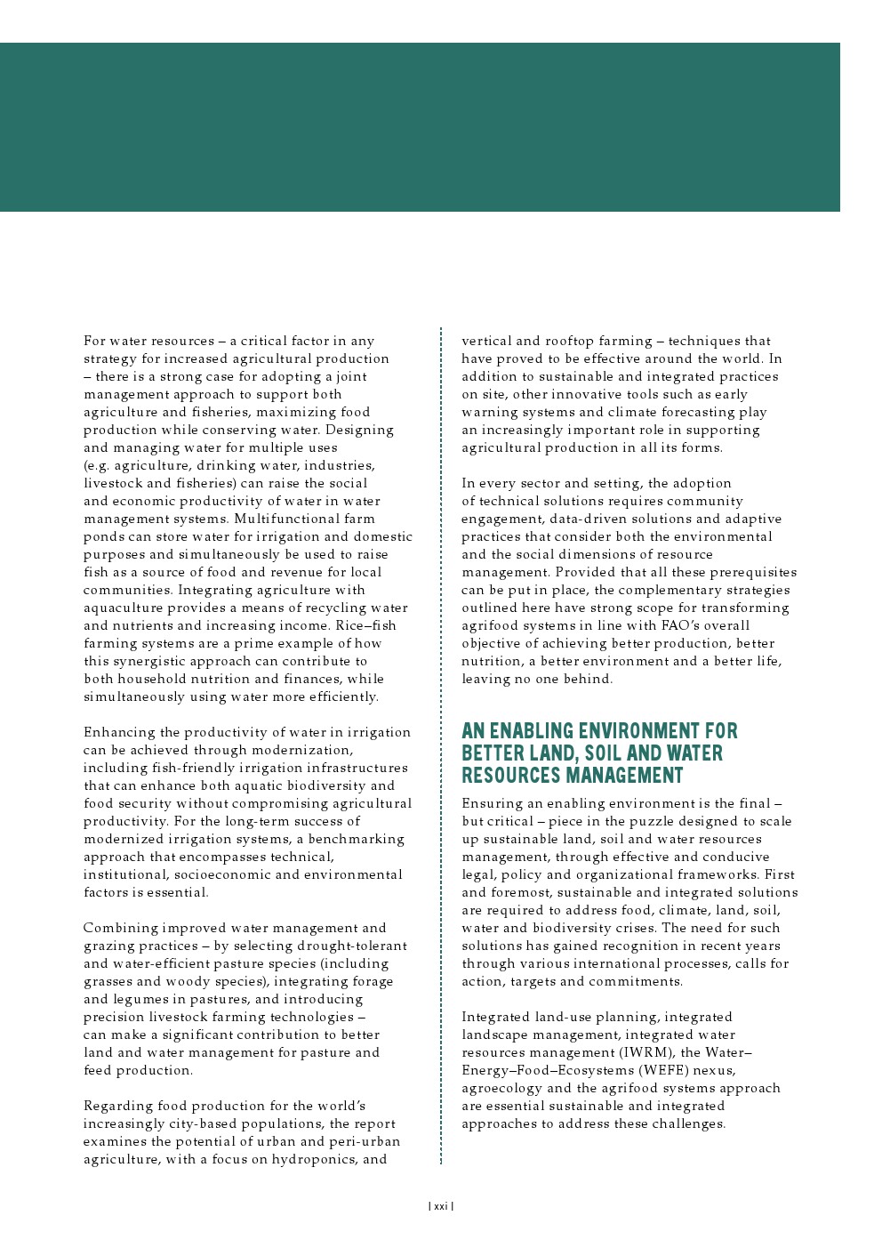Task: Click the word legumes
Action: tap(143, 999)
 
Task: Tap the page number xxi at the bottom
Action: tap(440, 1207)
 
